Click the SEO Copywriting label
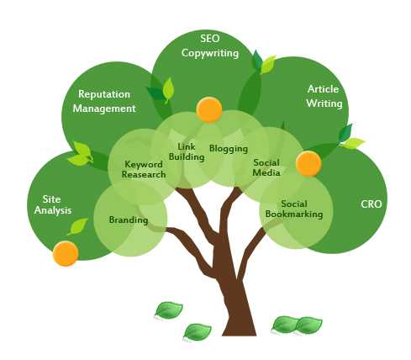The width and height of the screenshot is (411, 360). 210,46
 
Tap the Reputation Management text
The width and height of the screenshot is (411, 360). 104,101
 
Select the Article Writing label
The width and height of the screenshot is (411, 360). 324,96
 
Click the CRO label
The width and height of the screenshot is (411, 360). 371,204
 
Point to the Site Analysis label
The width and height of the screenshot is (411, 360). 53,205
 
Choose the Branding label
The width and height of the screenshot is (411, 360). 129,220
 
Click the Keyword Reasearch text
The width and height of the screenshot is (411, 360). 144,169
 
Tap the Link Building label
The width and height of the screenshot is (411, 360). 187,151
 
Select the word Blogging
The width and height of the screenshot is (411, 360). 229,149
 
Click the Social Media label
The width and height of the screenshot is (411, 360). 266,167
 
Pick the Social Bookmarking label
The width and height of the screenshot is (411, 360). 294,209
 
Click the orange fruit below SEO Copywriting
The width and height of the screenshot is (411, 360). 209,109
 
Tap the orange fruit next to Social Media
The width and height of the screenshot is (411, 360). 308,164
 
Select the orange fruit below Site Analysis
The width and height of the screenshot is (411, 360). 66,253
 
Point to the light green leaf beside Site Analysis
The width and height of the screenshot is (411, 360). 77,226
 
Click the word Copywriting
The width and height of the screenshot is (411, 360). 210,53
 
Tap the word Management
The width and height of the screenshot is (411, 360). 104,109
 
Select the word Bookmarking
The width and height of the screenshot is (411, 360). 294,214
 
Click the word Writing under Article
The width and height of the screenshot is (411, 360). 324,103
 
